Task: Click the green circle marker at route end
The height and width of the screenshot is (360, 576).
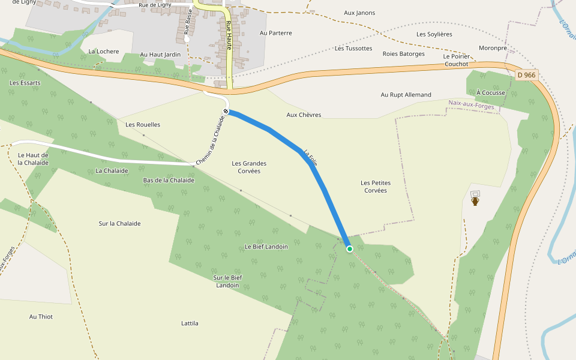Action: coord(349,248)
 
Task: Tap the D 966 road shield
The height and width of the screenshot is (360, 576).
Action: coord(526,75)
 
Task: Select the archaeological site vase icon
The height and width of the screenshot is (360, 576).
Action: coord(475,201)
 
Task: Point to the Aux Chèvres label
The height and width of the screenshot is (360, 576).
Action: coord(304,115)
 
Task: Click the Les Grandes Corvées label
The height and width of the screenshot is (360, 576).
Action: coord(249,167)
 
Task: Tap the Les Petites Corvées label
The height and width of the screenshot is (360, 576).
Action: coord(374,186)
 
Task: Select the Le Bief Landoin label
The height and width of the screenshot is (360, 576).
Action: coord(266,247)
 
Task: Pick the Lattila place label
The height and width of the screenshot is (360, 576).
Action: coord(190,323)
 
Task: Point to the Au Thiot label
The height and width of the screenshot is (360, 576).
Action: coord(41,316)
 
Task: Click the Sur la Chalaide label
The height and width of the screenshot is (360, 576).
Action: coord(119,223)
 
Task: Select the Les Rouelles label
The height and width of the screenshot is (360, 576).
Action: coord(143,125)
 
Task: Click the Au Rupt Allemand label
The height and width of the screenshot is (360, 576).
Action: coord(406,95)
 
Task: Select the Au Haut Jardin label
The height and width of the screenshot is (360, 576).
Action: coord(160,55)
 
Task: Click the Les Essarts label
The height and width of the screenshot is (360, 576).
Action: coord(25,82)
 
